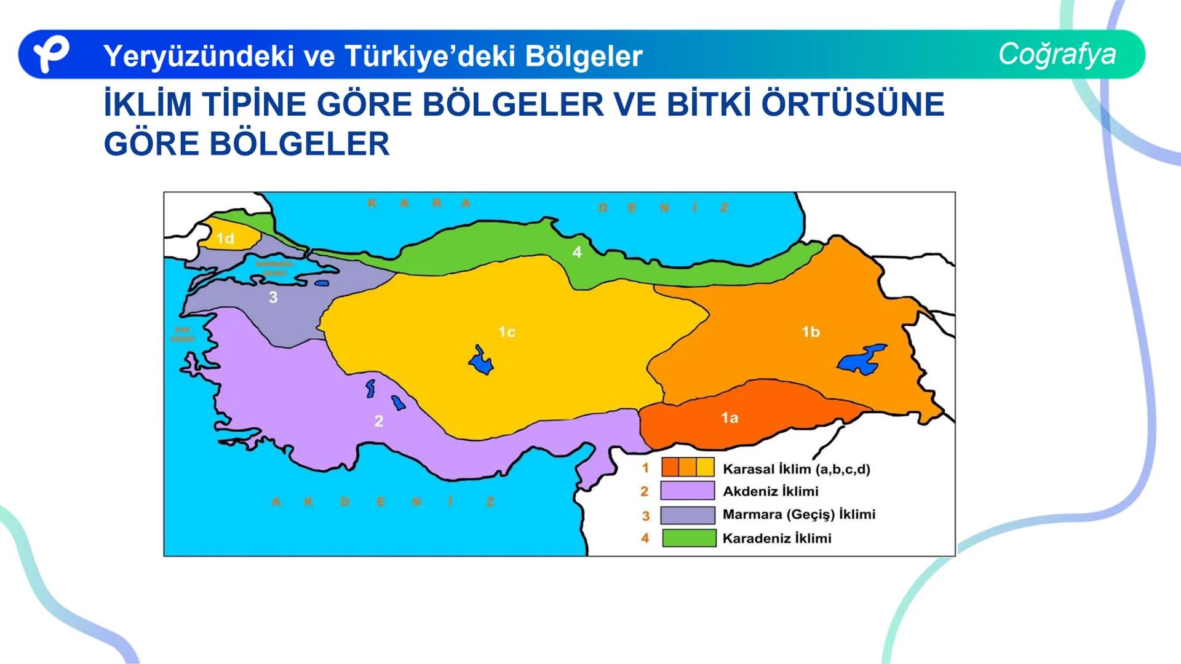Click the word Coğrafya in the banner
1057,54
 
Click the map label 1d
225,239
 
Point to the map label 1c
506,332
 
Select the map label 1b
810,332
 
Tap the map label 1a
730,418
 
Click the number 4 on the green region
576,251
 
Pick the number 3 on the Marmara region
273,298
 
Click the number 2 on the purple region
379,421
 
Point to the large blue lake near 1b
861,360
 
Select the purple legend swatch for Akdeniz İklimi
688,491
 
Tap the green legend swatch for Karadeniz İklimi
689,538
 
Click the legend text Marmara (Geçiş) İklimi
798,515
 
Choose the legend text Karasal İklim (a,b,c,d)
796,469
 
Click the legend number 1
645,468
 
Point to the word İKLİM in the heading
148,104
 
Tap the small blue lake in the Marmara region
322,283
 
